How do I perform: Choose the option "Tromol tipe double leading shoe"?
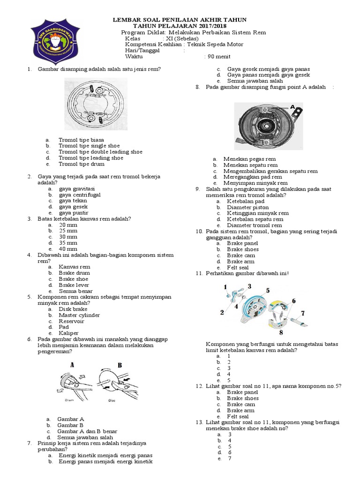click(100, 152)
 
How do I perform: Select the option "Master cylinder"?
click(79, 315)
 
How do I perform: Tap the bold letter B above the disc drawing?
click(120, 365)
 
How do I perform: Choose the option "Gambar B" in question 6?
click(70, 425)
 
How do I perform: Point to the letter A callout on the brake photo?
click(292, 107)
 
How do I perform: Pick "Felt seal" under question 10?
click(238, 267)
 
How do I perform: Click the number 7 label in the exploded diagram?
click(302, 313)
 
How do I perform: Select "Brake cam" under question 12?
click(241, 404)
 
